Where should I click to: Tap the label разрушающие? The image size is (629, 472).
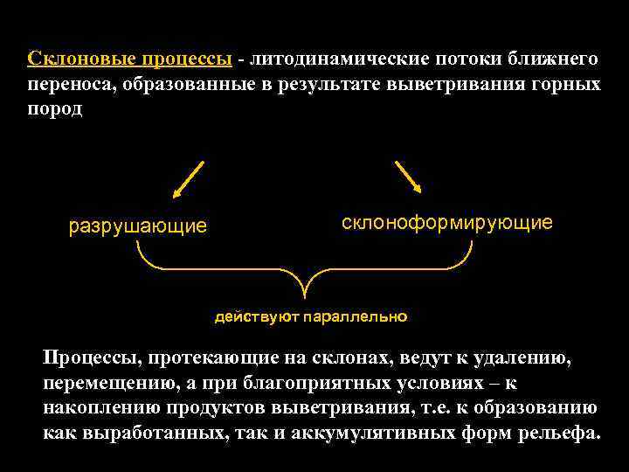pyautogui.click(x=138, y=227)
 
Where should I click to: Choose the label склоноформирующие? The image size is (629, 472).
pyautogui.click(x=446, y=223)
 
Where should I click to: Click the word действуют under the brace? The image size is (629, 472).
pyautogui.click(x=256, y=316)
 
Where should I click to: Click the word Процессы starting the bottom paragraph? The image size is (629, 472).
pyautogui.click(x=93, y=357)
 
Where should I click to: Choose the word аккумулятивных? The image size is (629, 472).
pyautogui.click(x=359, y=433)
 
